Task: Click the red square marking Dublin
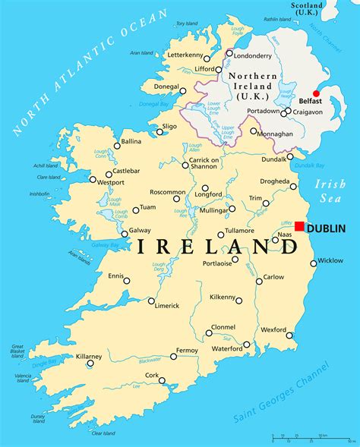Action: (x=299, y=227)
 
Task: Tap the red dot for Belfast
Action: (x=317, y=94)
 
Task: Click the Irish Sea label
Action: (x=330, y=191)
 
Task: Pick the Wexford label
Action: (x=273, y=330)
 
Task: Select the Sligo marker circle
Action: (x=160, y=132)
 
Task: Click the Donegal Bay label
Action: (x=154, y=104)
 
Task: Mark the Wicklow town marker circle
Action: (x=313, y=263)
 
